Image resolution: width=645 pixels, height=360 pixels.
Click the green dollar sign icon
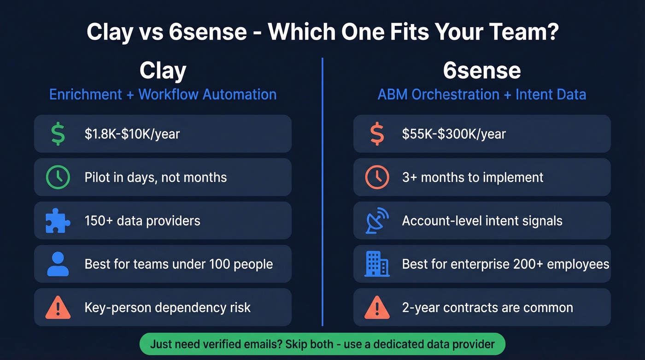58,134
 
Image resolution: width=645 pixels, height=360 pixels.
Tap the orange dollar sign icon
377,134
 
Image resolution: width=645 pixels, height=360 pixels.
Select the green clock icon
58,177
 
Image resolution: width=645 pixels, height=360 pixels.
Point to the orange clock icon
377,177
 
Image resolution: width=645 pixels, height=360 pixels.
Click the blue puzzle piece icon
58,221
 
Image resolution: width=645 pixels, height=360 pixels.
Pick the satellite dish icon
377,221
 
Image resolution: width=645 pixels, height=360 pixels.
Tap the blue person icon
58,264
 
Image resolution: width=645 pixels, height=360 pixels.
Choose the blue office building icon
377,264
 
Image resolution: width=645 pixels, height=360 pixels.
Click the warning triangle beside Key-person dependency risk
58,307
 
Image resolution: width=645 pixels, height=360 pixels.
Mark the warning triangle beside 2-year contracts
377,307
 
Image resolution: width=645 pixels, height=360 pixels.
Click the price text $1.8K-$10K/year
132,134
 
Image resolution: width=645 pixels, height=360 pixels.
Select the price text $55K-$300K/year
454,134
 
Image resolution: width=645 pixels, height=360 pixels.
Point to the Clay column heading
163,71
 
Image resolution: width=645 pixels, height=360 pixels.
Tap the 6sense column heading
482,71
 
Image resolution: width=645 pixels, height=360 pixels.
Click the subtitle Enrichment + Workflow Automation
163,94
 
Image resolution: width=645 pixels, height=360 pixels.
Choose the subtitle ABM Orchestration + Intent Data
482,94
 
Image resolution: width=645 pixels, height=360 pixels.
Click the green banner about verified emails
322,344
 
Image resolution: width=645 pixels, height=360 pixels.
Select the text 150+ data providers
142,221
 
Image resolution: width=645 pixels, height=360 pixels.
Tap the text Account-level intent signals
482,221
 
